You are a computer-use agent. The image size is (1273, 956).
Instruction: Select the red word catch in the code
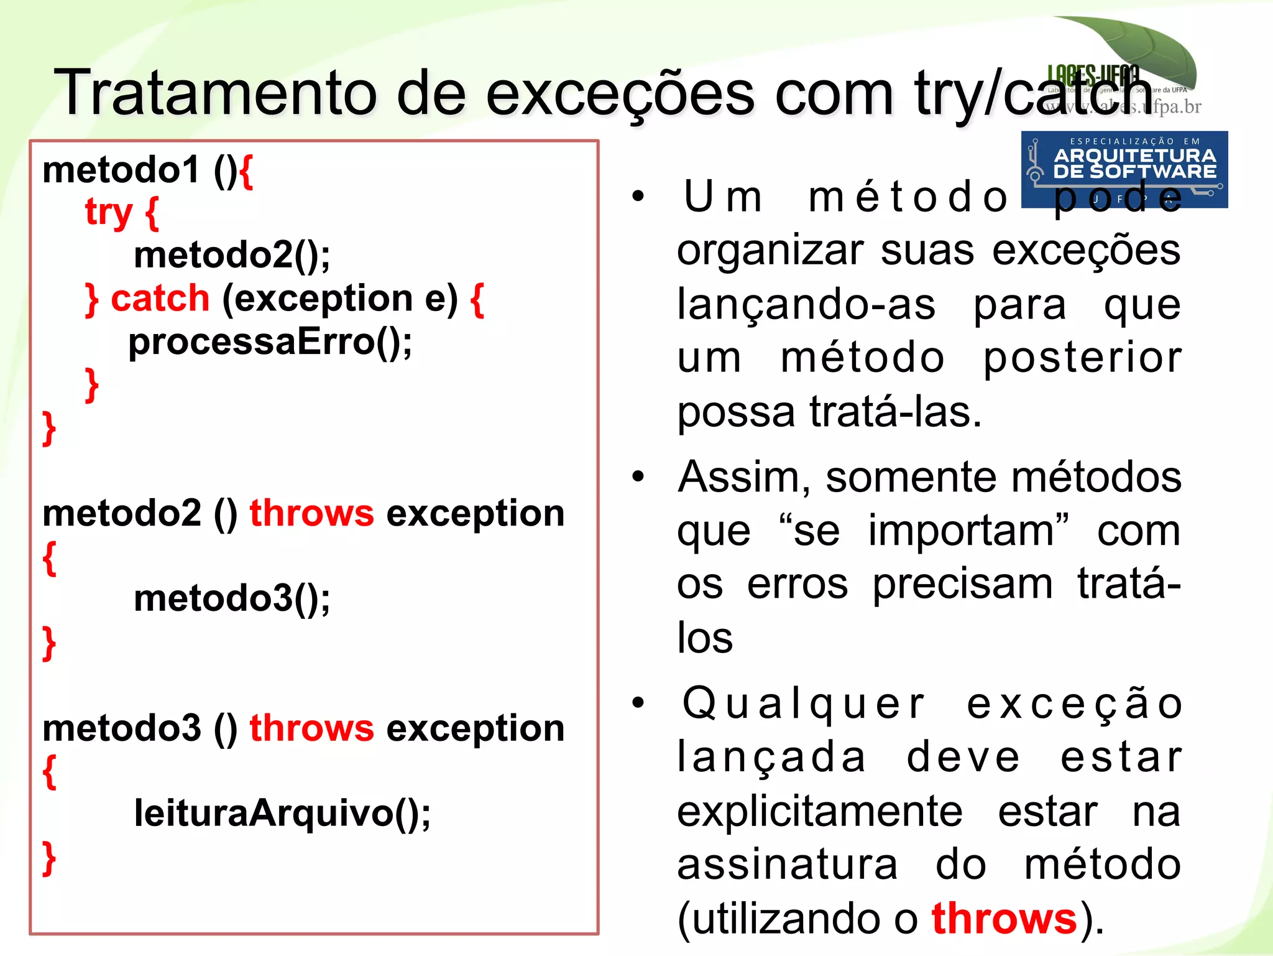coord(160,299)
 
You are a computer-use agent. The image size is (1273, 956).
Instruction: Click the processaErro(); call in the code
coord(270,342)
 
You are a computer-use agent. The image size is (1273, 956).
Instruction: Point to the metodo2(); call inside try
coord(232,255)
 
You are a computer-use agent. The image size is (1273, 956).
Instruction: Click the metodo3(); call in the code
coord(232,598)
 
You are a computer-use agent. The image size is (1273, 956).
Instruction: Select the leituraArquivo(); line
coord(282,813)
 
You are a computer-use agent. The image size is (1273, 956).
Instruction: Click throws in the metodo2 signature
coord(311,513)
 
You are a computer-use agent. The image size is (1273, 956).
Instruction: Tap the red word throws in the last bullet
coord(1004,918)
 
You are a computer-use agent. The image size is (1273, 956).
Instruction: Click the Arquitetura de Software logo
coord(1124,169)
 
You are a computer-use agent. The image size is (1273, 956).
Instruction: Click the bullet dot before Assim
coord(638,477)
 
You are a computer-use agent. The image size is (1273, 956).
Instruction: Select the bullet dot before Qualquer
coord(638,703)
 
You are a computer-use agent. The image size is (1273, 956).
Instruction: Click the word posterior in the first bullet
coord(1082,358)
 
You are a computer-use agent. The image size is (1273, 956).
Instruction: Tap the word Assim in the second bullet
coord(743,478)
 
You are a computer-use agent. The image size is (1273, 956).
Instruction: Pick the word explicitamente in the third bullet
coord(820,812)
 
